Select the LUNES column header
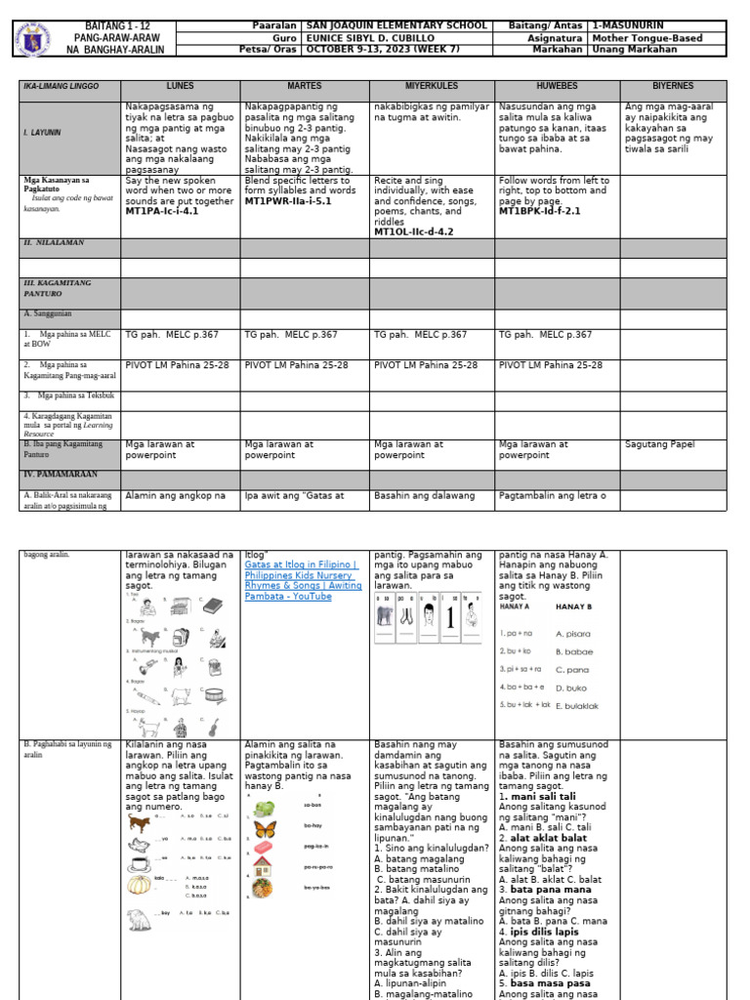click(180, 87)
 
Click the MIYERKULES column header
click(431, 87)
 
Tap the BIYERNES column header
click(673, 87)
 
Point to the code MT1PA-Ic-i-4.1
click(162, 210)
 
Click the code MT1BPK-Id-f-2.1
click(539, 210)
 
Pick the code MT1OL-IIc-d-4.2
click(414, 231)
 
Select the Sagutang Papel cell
click(660, 444)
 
